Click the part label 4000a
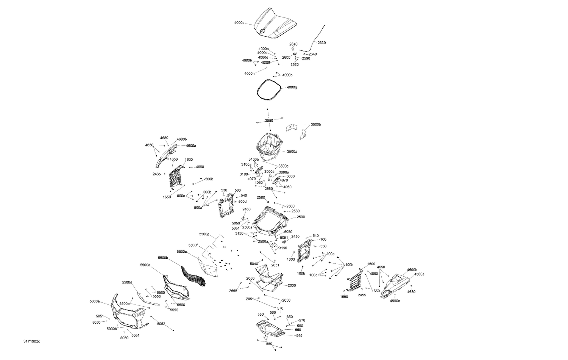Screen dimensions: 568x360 (x=239, y=23)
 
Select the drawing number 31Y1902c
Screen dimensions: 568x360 (x=32, y=341)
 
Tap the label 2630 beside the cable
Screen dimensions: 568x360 (x=321, y=42)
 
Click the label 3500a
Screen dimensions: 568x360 (x=292, y=152)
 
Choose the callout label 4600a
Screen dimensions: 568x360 (x=191, y=146)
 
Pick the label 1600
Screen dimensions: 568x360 (x=189, y=160)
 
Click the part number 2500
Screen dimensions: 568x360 (x=301, y=217)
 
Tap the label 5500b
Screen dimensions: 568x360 (x=163, y=258)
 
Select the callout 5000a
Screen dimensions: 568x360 (x=95, y=301)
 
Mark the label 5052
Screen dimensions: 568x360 (x=161, y=324)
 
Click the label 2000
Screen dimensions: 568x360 (x=292, y=285)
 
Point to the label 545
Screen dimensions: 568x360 (x=299, y=335)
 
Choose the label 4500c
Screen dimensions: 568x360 (x=395, y=301)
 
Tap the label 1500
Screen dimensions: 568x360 (x=371, y=264)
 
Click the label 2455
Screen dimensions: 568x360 (x=362, y=295)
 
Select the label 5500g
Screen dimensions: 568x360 (x=204, y=234)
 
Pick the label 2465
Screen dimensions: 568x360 (x=157, y=174)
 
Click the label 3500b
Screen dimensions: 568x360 (x=316, y=125)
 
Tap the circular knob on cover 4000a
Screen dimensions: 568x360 (x=262, y=31)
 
